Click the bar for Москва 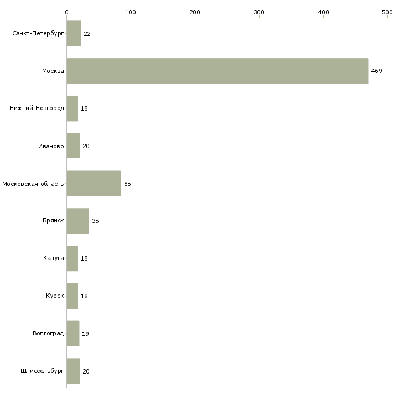[x=217, y=71]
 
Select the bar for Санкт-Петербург [x=74, y=33]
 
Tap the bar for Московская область [x=94, y=183]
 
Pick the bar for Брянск [x=78, y=221]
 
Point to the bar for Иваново [x=73, y=146]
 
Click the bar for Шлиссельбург [x=73, y=371]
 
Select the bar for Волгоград [x=73, y=333]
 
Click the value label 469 [x=376, y=71]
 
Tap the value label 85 [x=127, y=184]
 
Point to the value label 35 [x=95, y=221]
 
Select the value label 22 [x=87, y=34]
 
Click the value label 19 [x=85, y=334]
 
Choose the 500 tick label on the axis [x=387, y=12]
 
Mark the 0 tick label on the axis [x=67, y=12]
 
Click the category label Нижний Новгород [x=37, y=108]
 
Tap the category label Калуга [x=53, y=258]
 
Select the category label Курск [x=55, y=296]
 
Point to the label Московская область [x=33, y=184]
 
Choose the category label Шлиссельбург [x=42, y=371]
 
